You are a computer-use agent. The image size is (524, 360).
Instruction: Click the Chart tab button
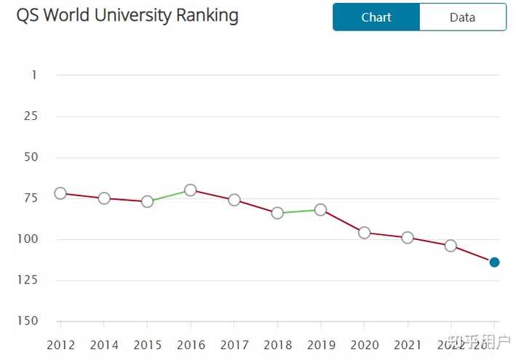tap(376, 17)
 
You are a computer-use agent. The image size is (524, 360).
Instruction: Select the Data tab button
tap(462, 17)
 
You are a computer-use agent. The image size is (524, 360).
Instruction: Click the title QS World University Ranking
tap(127, 15)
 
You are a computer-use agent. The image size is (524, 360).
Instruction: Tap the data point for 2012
tap(60, 193)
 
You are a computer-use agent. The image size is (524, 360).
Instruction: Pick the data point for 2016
tap(190, 190)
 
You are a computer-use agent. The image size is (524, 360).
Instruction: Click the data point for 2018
tap(277, 213)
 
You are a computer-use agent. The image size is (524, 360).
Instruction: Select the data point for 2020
tap(364, 233)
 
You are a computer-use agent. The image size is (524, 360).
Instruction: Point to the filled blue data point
tap(494, 262)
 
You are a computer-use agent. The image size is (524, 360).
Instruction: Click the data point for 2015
tap(147, 201)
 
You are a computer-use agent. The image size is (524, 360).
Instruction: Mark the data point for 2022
tap(450, 246)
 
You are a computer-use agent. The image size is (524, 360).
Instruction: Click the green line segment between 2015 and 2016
tap(169, 196)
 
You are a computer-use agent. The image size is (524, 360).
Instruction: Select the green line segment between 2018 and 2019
tap(299, 211)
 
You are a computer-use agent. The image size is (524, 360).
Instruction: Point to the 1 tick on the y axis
tap(33, 75)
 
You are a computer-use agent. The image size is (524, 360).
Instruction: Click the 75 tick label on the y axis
tap(30, 198)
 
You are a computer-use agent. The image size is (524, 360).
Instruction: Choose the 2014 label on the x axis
tap(104, 345)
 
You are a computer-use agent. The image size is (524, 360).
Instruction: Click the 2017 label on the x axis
tap(234, 345)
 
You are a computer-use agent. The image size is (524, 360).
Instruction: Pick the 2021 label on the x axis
tap(408, 345)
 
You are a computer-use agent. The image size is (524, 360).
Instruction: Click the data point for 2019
tap(320, 209)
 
